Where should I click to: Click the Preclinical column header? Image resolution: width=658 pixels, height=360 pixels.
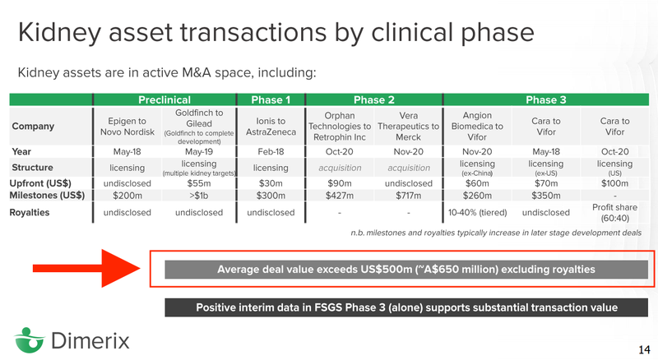click(164, 99)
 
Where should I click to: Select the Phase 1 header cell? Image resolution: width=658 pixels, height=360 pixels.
click(271, 99)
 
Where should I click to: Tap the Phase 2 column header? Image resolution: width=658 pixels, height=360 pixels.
click(374, 99)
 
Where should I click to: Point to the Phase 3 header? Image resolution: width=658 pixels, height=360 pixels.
click(546, 99)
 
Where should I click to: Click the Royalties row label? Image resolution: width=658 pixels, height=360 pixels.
click(30, 212)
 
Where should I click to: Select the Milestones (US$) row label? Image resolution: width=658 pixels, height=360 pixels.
click(47, 195)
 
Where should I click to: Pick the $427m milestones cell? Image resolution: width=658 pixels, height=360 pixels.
click(340, 196)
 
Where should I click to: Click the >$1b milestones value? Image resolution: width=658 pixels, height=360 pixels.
click(199, 196)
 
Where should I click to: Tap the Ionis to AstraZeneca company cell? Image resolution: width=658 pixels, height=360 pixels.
click(271, 127)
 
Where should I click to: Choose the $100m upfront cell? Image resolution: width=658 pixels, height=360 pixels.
click(614, 183)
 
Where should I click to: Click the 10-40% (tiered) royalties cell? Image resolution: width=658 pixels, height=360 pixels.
click(477, 213)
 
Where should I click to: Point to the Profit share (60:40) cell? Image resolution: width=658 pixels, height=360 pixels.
click(614, 213)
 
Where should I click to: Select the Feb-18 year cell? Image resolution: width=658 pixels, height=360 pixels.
click(271, 151)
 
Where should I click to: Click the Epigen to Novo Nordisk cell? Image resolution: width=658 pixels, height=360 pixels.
click(127, 127)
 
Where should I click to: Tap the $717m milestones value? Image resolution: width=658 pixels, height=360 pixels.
click(408, 196)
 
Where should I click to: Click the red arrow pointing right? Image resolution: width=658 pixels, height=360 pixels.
click(86, 269)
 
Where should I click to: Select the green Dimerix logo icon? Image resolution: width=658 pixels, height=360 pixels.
click(29, 339)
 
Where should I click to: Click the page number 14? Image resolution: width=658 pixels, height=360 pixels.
click(644, 349)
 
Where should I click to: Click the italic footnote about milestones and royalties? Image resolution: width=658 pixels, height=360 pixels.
click(496, 233)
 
